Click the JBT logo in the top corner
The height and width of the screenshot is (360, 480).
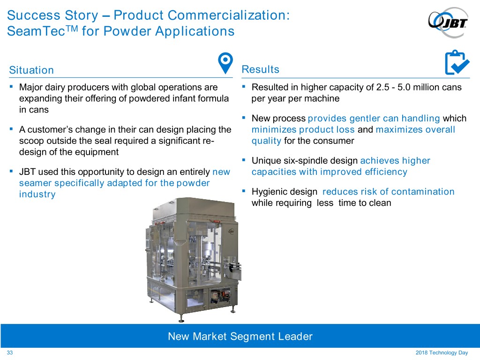[x=448, y=22]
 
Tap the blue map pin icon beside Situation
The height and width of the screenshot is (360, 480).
[x=225, y=63]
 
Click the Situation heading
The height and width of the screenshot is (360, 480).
[x=31, y=70]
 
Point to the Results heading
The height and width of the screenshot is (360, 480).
[x=261, y=69]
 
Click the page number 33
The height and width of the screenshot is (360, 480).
[x=10, y=352]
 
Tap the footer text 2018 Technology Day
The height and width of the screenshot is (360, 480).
[x=442, y=352]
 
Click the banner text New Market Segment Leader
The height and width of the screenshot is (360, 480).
[x=240, y=337]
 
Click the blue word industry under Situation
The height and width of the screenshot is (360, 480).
[x=37, y=195]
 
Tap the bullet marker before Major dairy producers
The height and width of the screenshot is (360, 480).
[x=11, y=87]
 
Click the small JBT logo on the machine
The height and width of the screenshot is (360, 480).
[x=231, y=231]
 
